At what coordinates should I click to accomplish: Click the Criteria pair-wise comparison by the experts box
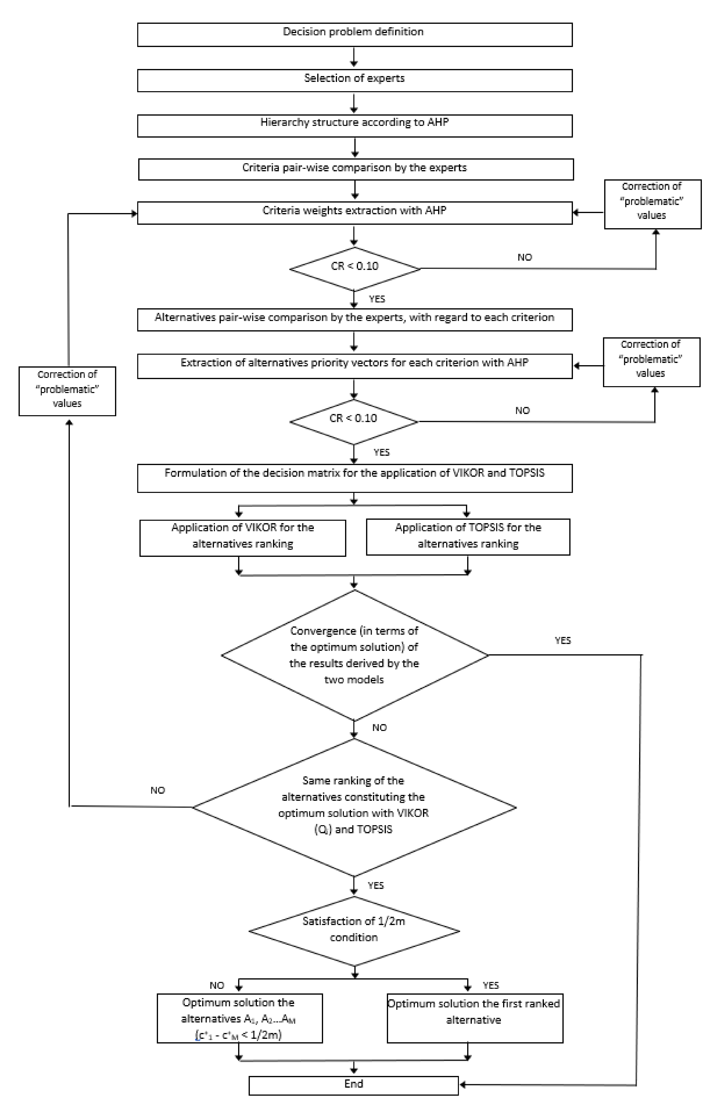coord(355,169)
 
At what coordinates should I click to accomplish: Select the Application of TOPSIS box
coord(468,537)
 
